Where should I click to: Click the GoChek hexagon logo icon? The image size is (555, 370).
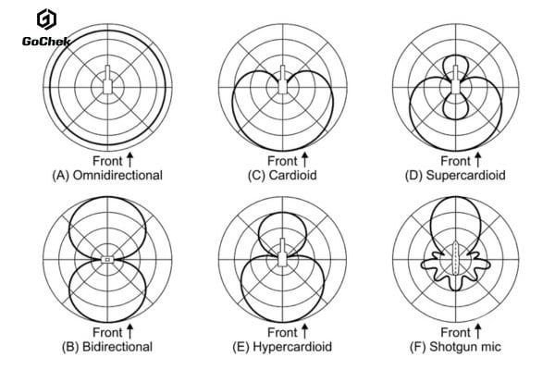coord(46,19)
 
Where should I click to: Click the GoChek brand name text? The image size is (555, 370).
coord(46,42)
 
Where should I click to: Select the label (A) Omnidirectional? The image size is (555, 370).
coord(107,175)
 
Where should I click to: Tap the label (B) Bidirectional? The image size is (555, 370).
coord(107,347)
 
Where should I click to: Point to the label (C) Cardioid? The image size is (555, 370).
coord(282,175)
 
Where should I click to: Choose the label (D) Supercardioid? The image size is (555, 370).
coord(455,175)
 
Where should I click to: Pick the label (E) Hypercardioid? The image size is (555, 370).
coord(282,347)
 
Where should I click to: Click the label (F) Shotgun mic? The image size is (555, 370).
coord(455,347)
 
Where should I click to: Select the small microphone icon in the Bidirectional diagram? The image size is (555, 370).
coord(107,260)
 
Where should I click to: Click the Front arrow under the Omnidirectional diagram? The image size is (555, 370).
coord(129,160)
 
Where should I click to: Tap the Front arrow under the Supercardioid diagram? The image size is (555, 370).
coord(478,160)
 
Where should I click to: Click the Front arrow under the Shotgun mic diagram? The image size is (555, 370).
coord(478,331)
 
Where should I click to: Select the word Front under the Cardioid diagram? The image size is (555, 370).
coord(282,161)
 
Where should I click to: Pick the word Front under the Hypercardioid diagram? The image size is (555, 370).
coord(282,332)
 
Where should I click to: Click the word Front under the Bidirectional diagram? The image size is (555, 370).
coord(107,332)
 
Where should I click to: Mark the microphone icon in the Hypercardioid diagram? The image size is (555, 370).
coord(282,253)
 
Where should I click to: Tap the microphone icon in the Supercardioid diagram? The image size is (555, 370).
coord(455,80)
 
